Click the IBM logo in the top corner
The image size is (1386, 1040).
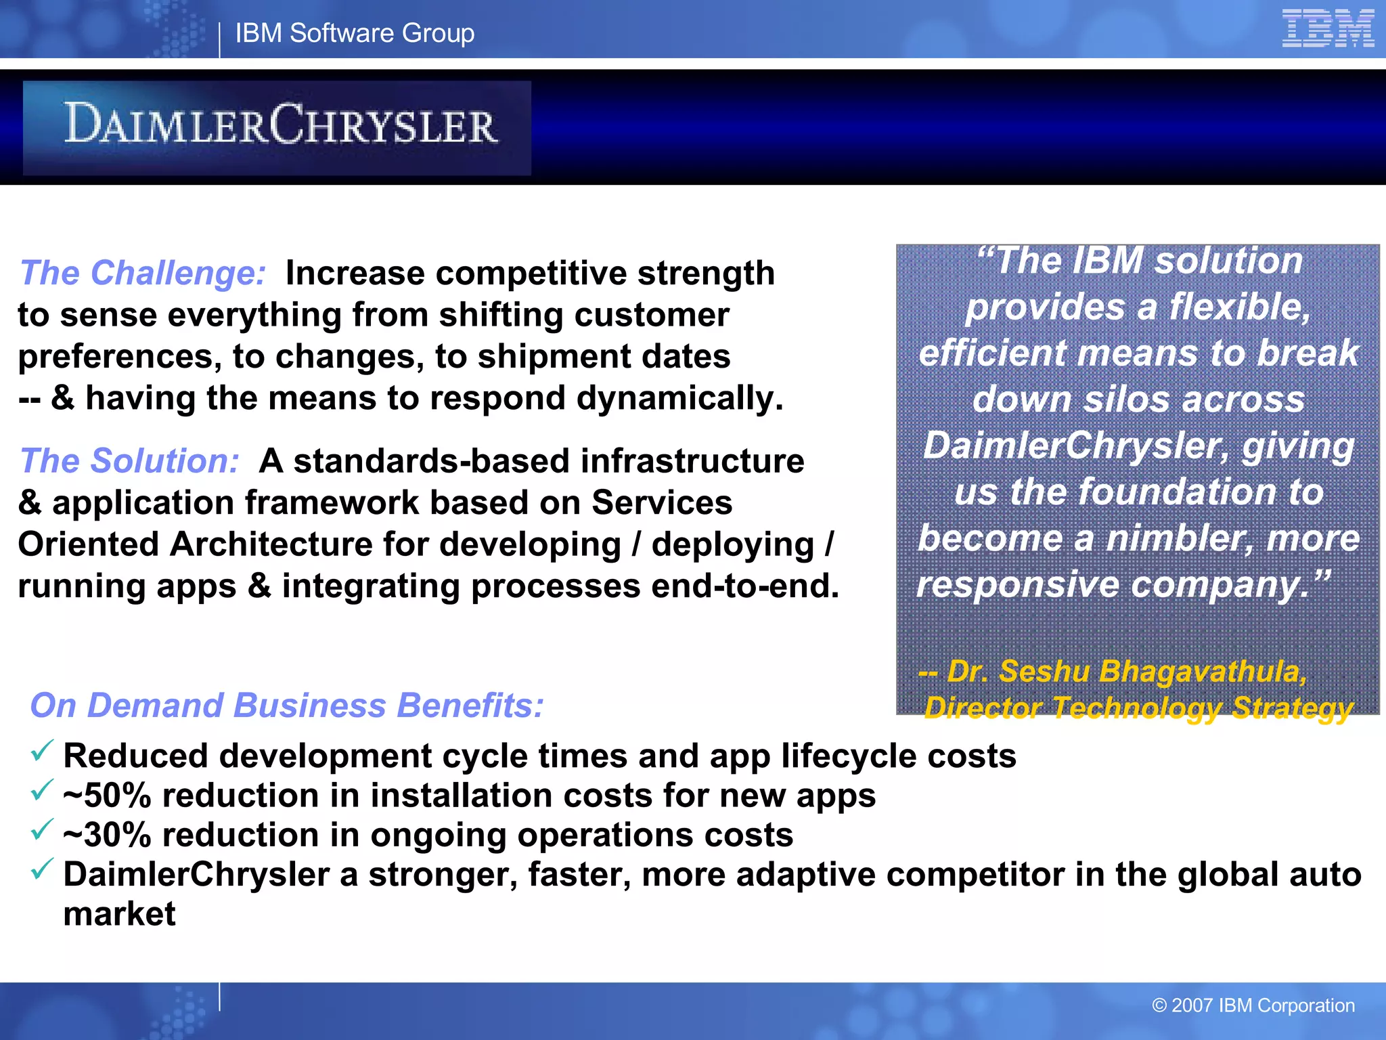pos(1327,28)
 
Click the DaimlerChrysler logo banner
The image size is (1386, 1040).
pos(277,127)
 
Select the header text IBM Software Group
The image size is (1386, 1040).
pos(355,33)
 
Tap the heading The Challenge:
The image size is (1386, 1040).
pos(143,273)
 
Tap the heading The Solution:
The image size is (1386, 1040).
pos(129,461)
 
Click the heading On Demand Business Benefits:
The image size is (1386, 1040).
pos(286,706)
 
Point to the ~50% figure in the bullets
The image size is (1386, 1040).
pos(107,796)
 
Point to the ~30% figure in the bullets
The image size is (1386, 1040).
pos(107,835)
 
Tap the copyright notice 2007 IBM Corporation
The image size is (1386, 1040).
pos(1253,1005)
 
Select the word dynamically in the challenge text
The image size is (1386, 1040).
pos(679,398)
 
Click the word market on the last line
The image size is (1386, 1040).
pos(119,915)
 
